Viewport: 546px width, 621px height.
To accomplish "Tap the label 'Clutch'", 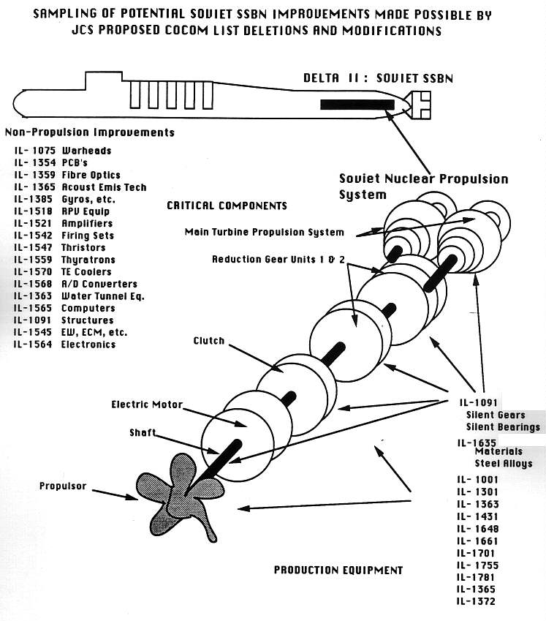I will click(x=208, y=341).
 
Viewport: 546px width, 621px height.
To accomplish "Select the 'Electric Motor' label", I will click(x=147, y=404).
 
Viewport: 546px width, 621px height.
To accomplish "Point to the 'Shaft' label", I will click(x=142, y=433).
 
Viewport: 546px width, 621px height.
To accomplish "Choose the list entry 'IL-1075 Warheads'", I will click(x=63, y=151).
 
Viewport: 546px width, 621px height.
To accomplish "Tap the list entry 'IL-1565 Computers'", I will click(x=64, y=308).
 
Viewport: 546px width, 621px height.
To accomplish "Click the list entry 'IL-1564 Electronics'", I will click(x=65, y=344).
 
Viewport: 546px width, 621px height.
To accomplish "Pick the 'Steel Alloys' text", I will click(x=504, y=464).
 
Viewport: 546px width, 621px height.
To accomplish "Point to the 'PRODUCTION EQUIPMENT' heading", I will click(x=338, y=570).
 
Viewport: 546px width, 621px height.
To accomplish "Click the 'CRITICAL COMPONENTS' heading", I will click(x=227, y=206).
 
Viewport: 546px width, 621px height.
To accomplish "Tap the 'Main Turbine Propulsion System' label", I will click(x=264, y=233).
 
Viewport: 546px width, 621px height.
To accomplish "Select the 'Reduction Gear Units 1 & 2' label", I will click(x=278, y=260).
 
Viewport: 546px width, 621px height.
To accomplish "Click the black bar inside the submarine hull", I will click(x=357, y=105).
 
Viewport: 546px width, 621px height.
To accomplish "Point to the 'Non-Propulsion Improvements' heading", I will click(x=90, y=132).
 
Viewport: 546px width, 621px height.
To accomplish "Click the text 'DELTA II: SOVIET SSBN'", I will click(x=377, y=78).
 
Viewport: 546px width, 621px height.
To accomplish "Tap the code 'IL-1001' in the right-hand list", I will click(x=477, y=480).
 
